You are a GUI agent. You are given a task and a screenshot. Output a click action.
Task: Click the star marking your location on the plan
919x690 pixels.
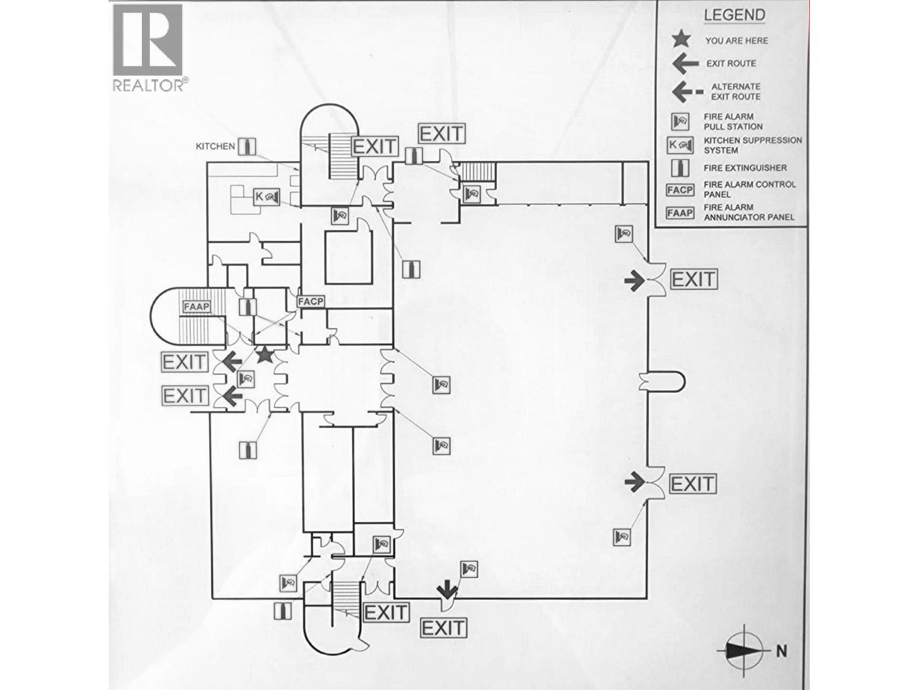(264, 355)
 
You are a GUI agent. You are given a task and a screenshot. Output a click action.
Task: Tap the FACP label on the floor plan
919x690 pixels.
(311, 301)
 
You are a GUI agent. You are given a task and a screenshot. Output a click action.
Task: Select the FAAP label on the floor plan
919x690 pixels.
(196, 306)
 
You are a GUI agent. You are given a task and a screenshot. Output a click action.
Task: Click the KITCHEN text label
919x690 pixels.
(215, 147)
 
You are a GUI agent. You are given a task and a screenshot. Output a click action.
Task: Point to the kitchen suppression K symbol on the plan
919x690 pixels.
(267, 197)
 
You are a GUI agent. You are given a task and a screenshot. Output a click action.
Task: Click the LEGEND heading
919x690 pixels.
(735, 16)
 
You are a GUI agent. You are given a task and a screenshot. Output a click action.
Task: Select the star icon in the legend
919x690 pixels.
(681, 40)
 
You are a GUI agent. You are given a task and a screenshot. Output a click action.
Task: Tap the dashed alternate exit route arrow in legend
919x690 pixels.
(687, 91)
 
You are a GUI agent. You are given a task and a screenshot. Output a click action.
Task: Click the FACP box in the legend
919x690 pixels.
(680, 190)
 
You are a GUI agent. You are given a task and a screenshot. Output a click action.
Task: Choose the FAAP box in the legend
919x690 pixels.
(680, 213)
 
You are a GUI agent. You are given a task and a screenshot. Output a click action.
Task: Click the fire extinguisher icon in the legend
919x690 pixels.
(680, 168)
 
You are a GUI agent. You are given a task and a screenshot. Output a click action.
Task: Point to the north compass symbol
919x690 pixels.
(744, 650)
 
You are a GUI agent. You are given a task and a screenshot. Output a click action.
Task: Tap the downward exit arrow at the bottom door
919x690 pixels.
(447, 590)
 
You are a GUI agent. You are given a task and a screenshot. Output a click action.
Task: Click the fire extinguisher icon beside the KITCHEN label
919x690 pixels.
(248, 147)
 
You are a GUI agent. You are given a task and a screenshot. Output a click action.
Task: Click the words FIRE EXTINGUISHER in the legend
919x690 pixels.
(745, 168)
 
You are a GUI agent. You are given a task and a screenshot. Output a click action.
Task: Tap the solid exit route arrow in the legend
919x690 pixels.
(685, 63)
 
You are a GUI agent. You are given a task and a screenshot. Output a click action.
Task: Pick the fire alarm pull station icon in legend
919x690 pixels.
(680, 121)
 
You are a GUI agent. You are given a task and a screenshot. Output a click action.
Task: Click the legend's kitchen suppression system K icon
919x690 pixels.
(680, 145)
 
